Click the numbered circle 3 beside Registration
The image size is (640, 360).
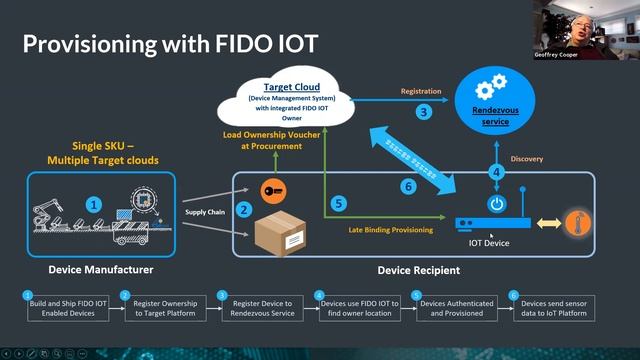(424, 112)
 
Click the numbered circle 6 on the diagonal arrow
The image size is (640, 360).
(408, 186)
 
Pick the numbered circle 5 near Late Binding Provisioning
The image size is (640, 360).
(339, 204)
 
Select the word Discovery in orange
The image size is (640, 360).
(527, 158)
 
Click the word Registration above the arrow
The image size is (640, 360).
(421, 91)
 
